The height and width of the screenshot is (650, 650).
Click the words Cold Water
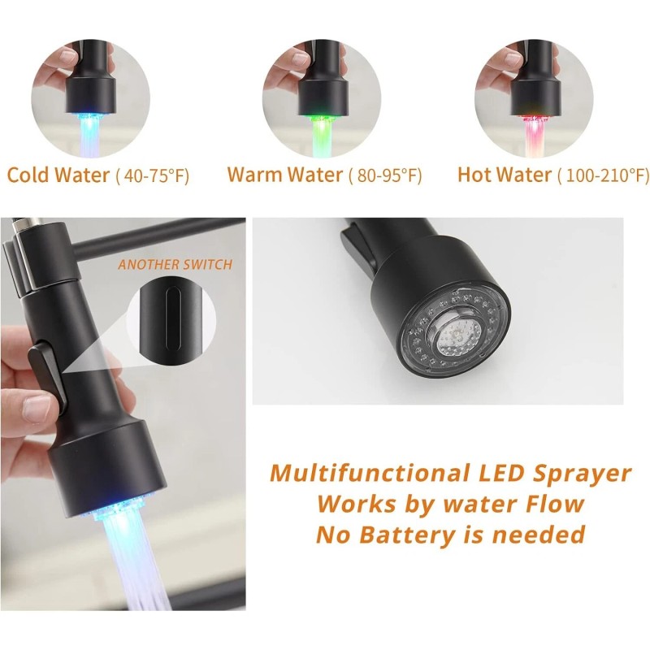pos(58,175)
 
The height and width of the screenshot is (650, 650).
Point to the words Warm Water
pos(284,175)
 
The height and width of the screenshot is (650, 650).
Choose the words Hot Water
pos(505,175)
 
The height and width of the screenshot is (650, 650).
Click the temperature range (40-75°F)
pos(153,175)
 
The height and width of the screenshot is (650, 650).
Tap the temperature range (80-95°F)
pos(385,175)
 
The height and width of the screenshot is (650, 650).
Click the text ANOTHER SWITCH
pos(175,264)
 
